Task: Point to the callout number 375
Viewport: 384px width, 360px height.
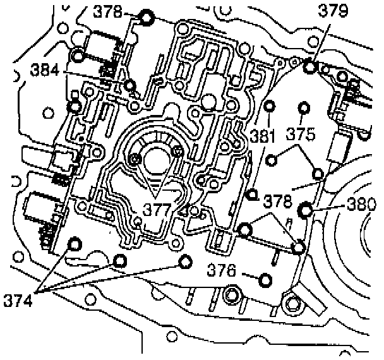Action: point(300,135)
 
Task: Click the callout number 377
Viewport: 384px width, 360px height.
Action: point(155,209)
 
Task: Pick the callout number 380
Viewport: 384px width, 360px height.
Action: point(362,204)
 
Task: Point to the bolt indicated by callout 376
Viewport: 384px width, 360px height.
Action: point(265,280)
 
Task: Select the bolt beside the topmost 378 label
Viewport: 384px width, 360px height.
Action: point(147,18)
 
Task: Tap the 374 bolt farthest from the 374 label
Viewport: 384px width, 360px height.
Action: point(185,261)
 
